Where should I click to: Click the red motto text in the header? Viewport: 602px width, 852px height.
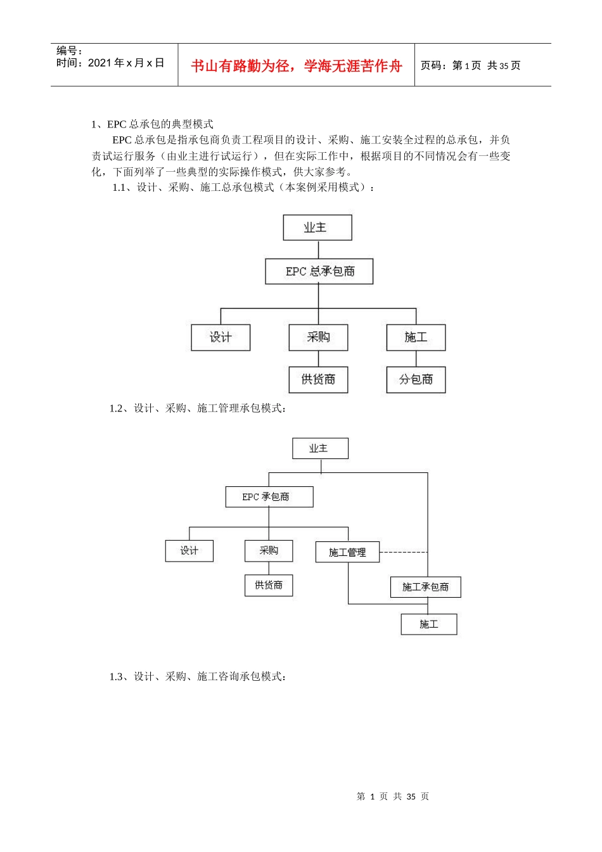296,66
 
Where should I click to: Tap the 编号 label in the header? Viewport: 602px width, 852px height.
69,51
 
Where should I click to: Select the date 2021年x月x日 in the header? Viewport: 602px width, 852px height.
110,63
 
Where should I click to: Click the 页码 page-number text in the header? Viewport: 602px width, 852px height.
470,65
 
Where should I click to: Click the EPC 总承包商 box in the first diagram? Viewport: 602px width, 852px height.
319,271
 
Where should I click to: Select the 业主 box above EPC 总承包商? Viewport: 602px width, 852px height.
317,228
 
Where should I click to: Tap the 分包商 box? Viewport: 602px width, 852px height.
416,380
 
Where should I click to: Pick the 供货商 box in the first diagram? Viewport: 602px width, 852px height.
318,380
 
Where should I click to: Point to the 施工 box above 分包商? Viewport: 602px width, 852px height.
416,337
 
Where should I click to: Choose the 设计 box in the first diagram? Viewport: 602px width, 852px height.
221,337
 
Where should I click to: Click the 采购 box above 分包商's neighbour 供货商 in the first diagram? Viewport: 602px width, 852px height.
318,337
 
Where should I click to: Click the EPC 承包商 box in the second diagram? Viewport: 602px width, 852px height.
269,497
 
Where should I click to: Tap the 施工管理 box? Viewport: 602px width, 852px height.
347,552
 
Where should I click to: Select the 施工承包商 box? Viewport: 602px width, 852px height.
425,587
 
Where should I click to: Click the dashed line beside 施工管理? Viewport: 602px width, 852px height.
403,552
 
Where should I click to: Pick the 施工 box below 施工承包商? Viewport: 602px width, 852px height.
428,624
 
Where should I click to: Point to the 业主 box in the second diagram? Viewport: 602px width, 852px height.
320,448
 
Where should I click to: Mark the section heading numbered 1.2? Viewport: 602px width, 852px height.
198,408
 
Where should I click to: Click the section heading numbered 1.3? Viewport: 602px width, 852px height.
198,676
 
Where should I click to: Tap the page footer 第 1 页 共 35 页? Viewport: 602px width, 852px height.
393,796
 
